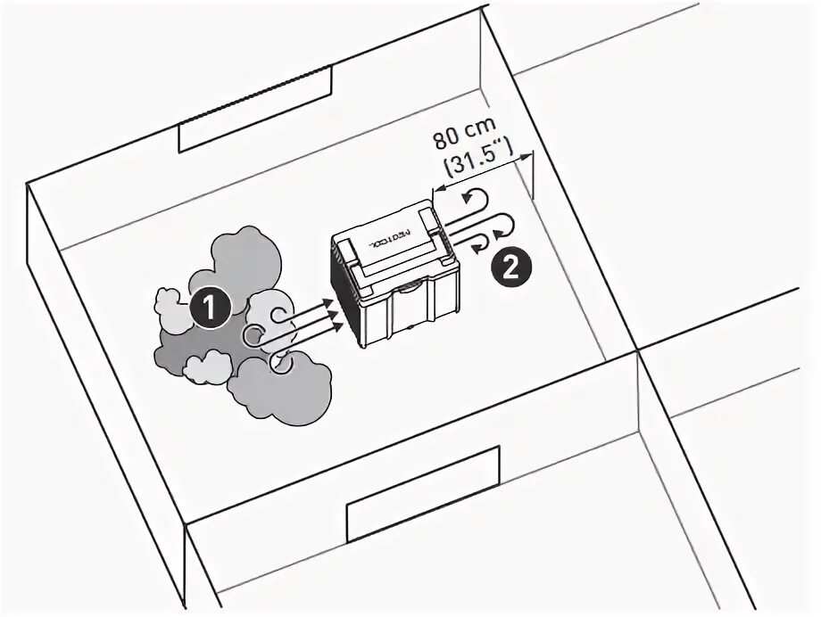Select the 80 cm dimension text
[x=464, y=139]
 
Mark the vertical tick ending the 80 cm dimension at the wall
[x=533, y=175]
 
